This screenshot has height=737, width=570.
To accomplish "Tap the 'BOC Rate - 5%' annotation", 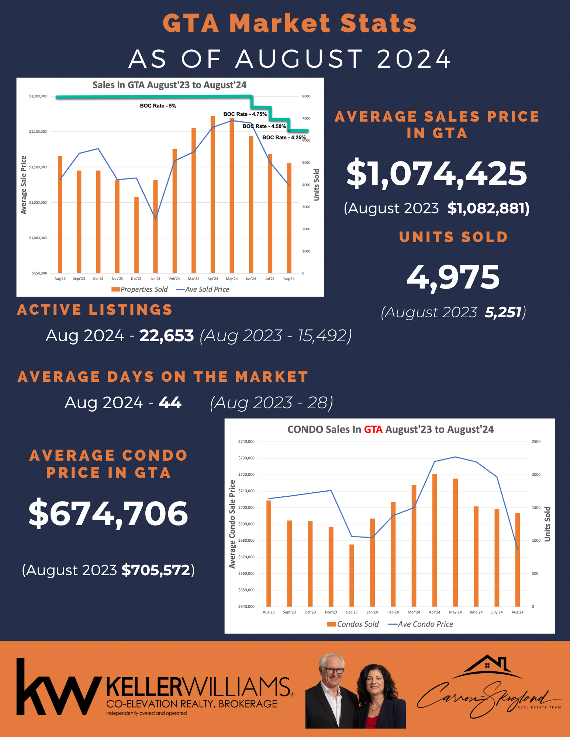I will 158,106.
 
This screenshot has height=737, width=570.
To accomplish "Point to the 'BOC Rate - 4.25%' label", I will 284,137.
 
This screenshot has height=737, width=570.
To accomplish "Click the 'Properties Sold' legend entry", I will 140,289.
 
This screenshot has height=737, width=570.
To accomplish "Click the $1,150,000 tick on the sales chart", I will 38,132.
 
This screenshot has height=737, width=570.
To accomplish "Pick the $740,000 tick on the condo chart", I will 246,441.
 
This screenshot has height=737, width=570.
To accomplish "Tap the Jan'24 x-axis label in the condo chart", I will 372,612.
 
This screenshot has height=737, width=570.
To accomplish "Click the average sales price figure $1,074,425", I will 437,174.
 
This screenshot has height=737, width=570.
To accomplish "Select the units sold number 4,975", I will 453,277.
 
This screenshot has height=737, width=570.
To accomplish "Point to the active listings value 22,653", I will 166,336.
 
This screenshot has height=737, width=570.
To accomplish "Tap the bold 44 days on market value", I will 170,403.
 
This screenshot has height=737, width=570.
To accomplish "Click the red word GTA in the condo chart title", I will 373,430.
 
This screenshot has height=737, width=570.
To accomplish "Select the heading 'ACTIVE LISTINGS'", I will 95,310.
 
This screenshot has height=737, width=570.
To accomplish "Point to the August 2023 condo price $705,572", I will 156,570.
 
